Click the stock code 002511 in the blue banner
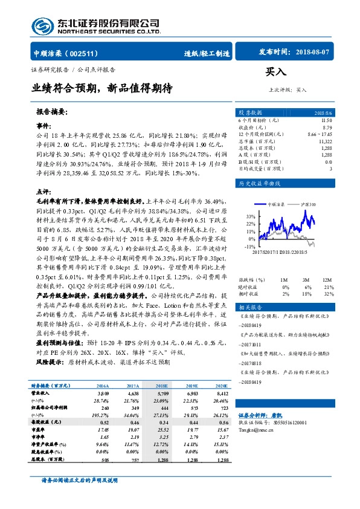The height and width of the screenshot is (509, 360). [88, 53]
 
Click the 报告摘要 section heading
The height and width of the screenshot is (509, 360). [51, 112]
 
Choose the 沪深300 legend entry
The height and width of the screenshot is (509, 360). [308, 205]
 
